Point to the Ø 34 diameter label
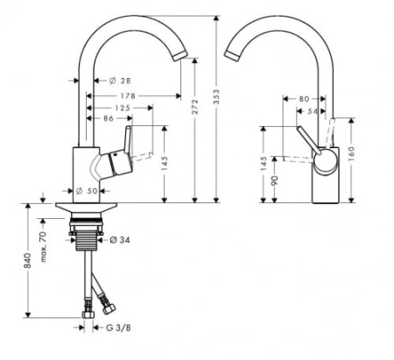tap(120, 240)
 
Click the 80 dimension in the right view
tap(304, 98)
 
